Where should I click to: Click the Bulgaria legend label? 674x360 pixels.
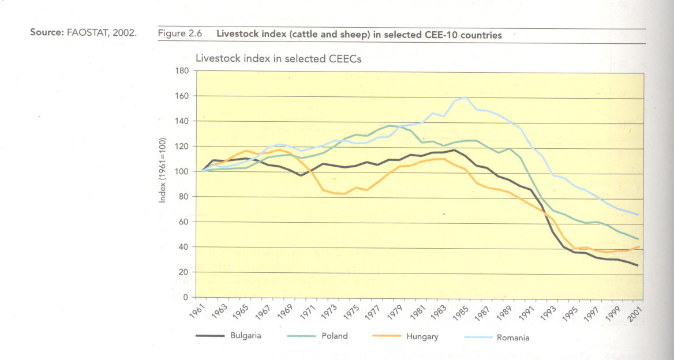click(246, 336)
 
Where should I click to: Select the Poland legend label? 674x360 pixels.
click(335, 336)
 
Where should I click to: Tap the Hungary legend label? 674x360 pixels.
click(422, 336)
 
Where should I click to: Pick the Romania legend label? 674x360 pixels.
click(512, 337)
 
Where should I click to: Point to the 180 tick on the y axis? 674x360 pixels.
click(182, 71)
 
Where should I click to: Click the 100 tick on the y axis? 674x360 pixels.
click(182, 172)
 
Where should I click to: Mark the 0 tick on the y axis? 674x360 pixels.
click(185, 297)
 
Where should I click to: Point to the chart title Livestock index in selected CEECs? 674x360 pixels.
click(278, 58)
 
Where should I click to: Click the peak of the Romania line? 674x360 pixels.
click(465, 97)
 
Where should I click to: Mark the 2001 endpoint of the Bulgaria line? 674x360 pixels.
click(638, 266)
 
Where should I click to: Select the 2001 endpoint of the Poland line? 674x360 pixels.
click(638, 239)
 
